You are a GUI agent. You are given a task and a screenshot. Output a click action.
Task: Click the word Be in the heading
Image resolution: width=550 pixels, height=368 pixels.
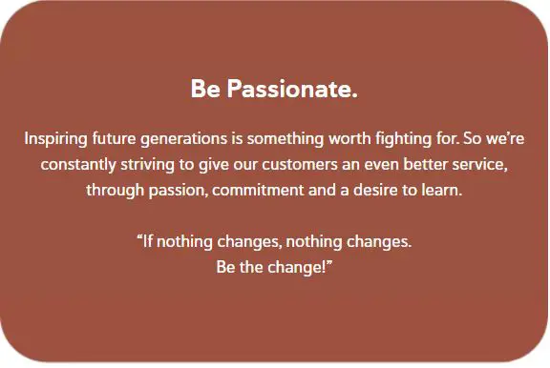tap(204, 91)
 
